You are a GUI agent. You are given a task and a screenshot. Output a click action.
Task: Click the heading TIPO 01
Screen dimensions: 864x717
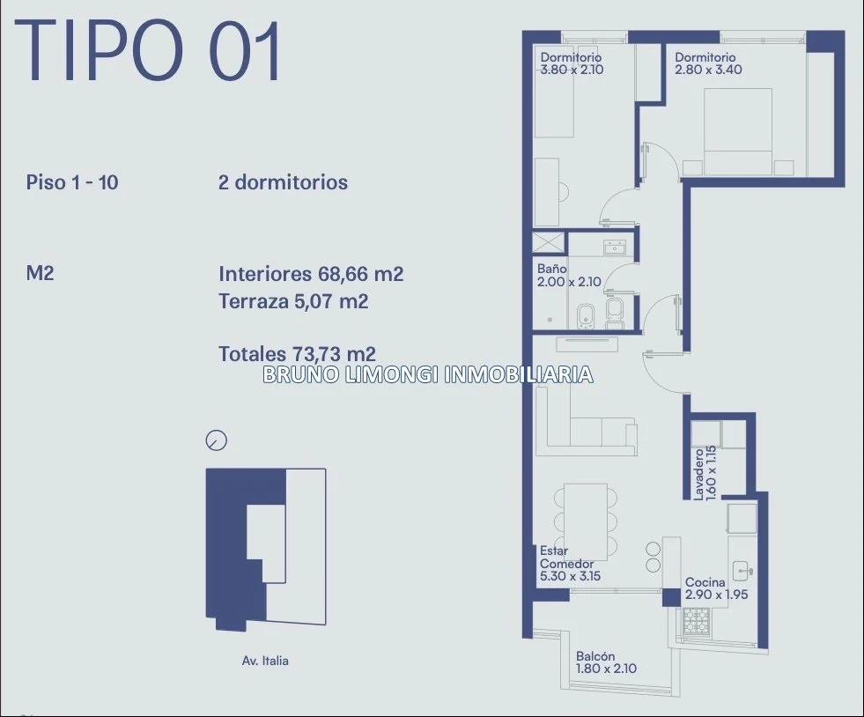coord(148,51)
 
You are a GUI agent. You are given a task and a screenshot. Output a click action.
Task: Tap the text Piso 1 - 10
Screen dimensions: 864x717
coord(72,182)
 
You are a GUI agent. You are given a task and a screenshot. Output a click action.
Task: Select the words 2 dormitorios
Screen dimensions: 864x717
coord(284,182)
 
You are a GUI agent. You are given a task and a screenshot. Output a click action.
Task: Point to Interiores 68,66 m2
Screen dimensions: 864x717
coord(311,274)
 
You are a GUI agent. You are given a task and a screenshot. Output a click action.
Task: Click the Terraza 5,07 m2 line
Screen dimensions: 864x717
coord(293,301)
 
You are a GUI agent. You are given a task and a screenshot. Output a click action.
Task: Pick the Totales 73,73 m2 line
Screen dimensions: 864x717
coord(297,354)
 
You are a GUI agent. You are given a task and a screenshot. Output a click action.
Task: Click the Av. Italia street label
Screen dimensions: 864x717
coord(265,661)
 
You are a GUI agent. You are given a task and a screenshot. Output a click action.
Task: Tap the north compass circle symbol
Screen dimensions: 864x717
coord(216,440)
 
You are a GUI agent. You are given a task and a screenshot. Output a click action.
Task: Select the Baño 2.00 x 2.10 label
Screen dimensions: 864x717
coord(569,276)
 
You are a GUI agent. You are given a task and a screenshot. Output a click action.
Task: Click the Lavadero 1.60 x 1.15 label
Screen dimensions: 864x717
coord(705,473)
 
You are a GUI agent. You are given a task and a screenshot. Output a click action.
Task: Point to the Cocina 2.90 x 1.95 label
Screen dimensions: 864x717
coord(716,588)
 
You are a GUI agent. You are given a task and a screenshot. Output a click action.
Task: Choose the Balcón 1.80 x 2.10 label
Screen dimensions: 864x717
coord(606,662)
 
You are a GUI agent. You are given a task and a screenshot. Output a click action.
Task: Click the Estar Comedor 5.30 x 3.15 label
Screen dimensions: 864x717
coord(571,563)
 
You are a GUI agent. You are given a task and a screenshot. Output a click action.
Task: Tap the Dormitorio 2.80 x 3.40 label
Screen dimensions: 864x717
coord(708,63)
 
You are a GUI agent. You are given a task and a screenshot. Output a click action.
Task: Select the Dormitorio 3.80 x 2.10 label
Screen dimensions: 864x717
coord(572,63)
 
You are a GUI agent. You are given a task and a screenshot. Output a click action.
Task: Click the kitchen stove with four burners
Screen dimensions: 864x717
coord(697,622)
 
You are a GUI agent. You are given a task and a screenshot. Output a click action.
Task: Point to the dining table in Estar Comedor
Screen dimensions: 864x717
coord(586,514)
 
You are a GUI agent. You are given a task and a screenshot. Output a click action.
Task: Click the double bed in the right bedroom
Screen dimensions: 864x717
coord(738,132)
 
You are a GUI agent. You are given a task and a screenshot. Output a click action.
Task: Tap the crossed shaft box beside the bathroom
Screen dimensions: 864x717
coord(549,242)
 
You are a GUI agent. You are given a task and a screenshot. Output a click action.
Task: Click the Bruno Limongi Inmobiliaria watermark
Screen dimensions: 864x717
coord(428,374)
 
